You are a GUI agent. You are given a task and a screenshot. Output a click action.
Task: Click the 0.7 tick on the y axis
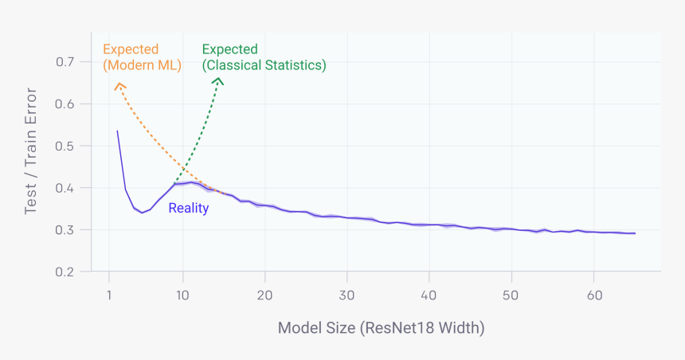[x=65, y=62]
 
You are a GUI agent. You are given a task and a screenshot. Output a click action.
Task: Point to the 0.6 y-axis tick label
[x=65, y=104]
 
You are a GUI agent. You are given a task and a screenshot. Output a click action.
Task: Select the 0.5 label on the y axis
[x=65, y=147]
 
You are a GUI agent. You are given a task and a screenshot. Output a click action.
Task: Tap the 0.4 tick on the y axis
[x=65, y=189]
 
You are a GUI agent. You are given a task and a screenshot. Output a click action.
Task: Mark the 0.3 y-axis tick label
[x=65, y=230]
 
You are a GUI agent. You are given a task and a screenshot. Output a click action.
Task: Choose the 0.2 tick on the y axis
[x=65, y=272]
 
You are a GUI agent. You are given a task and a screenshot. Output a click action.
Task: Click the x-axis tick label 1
[x=109, y=295]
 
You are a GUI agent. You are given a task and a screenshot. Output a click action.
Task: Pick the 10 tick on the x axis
[x=183, y=295]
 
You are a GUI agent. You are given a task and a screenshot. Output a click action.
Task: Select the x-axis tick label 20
[x=265, y=295]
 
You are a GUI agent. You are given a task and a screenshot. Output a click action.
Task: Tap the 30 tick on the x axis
[x=347, y=295]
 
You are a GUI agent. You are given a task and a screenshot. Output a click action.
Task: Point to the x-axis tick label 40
[x=429, y=295]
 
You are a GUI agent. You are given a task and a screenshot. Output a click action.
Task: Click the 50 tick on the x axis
[x=511, y=295]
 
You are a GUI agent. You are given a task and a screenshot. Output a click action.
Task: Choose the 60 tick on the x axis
[x=593, y=295]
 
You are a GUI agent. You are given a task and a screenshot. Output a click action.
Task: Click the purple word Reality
[x=188, y=209]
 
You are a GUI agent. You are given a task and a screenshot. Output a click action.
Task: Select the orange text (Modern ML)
[x=143, y=65]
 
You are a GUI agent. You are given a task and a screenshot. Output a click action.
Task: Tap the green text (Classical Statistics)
[x=264, y=65]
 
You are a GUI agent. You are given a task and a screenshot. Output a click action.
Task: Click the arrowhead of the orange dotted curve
[x=118, y=84]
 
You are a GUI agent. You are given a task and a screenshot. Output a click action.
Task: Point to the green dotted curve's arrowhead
[x=219, y=80]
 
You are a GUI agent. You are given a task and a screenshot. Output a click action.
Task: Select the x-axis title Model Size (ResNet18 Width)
[x=381, y=328]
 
